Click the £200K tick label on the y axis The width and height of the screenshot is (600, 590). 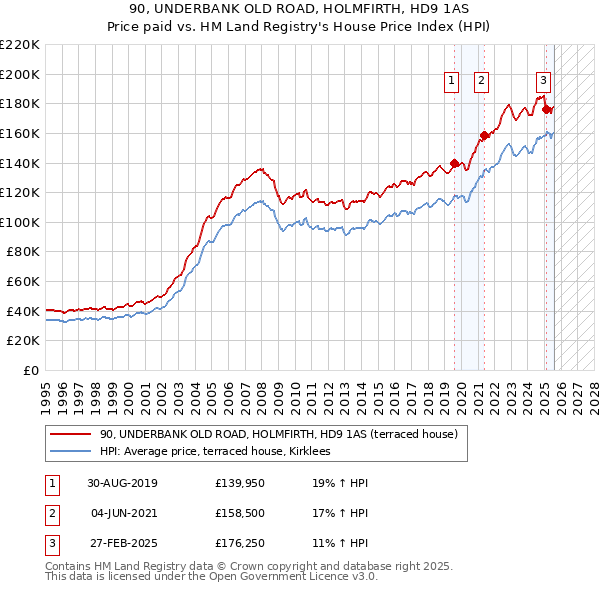pos(20,74)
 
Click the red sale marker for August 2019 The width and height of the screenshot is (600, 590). pos(454,163)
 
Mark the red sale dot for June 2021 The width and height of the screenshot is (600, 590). pos(484,135)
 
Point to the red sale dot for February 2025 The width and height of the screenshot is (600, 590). pos(546,109)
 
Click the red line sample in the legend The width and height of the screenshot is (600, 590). pos(69,434)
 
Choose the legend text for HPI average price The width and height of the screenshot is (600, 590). pos(222,452)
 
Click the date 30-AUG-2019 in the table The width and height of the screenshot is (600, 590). pos(122,483)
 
